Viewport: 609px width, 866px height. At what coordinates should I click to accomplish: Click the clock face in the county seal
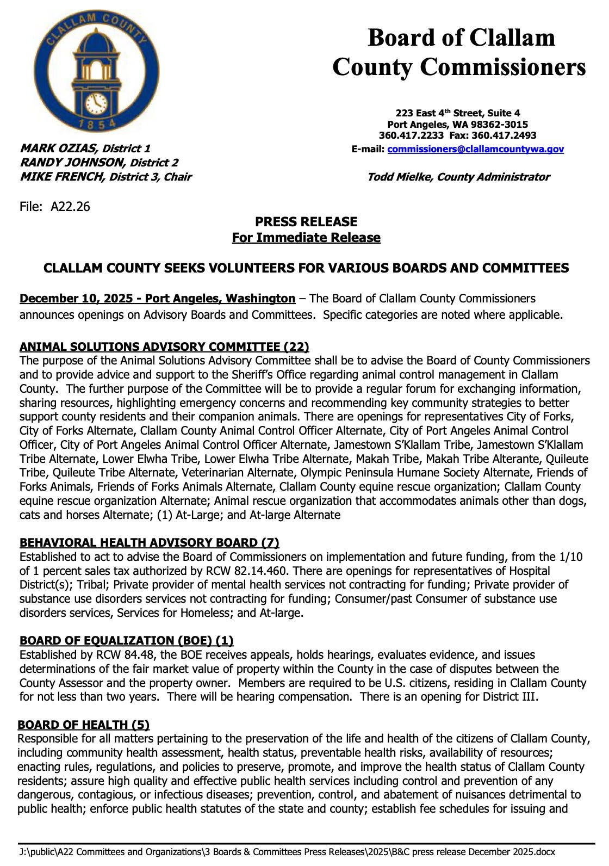96,103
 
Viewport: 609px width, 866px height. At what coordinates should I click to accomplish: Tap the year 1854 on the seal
97,124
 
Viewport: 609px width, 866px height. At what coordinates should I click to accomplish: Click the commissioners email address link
475,149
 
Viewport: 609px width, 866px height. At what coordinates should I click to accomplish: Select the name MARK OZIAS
58,149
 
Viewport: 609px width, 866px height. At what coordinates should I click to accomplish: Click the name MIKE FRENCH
61,177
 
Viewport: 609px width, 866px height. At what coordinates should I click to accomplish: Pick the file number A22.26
70,207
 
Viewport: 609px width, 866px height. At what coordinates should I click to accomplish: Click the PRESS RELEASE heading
306,222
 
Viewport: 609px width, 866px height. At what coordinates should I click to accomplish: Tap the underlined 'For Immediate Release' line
306,238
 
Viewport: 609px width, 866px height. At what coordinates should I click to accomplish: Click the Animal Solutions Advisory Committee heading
164,347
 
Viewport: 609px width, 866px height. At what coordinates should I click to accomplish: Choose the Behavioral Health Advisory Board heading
149,542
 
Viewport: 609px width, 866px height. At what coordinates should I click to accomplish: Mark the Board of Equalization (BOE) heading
126,640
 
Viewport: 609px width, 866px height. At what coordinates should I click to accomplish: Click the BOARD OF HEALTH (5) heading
83,725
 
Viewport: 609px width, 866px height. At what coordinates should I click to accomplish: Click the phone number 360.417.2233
411,135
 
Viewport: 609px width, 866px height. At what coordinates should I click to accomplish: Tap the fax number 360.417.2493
504,135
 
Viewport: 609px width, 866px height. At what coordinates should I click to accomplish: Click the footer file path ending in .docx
287,852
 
